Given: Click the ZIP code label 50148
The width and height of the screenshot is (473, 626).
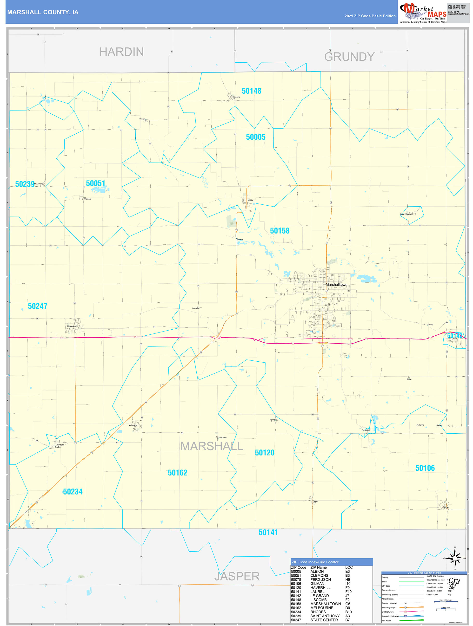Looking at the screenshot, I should click(x=251, y=91).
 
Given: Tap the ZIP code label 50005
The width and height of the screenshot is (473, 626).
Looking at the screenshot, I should click(x=255, y=137).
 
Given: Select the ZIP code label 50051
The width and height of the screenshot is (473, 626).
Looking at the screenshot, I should click(x=95, y=183).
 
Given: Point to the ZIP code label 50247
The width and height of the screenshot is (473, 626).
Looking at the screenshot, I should click(x=37, y=306).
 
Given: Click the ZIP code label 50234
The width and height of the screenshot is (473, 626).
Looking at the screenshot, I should click(x=73, y=492).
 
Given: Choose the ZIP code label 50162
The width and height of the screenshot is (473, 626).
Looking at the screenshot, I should click(x=177, y=473).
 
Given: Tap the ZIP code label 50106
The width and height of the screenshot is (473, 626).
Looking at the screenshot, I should click(x=425, y=468).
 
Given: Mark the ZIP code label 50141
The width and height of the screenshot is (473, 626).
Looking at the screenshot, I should click(x=268, y=533).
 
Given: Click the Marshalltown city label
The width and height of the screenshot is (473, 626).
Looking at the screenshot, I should click(x=336, y=284).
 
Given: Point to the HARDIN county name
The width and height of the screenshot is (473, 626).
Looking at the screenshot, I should click(x=121, y=52).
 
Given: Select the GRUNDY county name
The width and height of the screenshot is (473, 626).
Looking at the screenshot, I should click(x=349, y=57).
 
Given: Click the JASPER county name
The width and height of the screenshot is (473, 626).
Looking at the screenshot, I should click(x=237, y=576).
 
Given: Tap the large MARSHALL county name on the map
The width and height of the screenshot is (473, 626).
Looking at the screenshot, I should click(x=212, y=446).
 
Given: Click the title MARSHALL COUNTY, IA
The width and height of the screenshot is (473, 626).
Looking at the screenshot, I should click(x=43, y=12).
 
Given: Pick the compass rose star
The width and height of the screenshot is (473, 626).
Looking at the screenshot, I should click(x=455, y=558).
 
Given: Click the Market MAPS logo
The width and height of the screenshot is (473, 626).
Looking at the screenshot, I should click(x=423, y=13).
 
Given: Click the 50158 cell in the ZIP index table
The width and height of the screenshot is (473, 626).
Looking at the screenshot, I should click(x=296, y=604).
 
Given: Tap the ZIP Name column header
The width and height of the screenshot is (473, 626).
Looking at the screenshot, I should click(x=318, y=567).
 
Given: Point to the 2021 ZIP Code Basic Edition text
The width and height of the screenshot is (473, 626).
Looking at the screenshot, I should click(x=370, y=16).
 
